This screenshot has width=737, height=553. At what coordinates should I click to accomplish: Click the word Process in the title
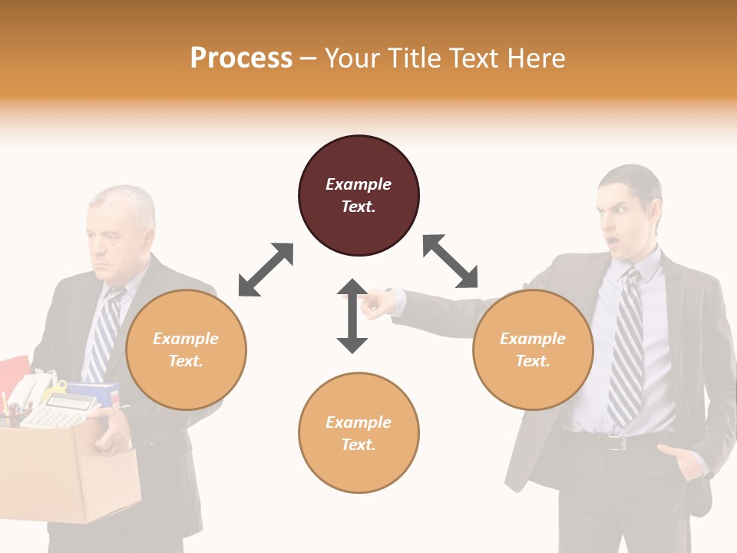click(241, 58)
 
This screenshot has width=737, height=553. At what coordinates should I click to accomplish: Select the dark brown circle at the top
click(359, 196)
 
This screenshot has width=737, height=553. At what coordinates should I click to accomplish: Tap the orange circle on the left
click(186, 350)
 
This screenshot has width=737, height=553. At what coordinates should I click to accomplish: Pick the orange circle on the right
click(533, 350)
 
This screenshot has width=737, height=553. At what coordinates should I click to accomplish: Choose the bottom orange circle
click(359, 433)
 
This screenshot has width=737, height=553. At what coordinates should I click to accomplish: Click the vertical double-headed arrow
click(352, 316)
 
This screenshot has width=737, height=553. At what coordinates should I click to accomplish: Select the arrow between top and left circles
click(266, 270)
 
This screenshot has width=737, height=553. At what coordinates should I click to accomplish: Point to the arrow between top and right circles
click(451, 261)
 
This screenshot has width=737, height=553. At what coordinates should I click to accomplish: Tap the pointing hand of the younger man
click(376, 303)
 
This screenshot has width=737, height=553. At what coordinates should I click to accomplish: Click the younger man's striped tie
click(625, 346)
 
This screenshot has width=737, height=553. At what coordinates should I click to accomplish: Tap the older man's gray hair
click(123, 201)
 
